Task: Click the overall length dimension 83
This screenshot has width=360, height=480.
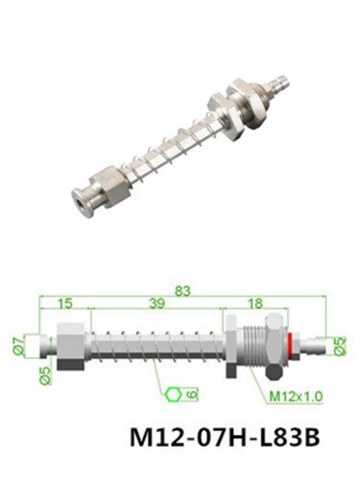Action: click(x=182, y=291)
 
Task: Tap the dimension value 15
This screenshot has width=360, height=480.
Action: click(x=65, y=303)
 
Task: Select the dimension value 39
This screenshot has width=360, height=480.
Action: click(x=156, y=303)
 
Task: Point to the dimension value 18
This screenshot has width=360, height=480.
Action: click(x=255, y=303)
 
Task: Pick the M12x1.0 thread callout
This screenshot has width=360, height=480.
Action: click(x=296, y=396)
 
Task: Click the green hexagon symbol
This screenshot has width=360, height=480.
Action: click(x=174, y=395)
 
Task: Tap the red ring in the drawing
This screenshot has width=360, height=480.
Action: click(x=290, y=345)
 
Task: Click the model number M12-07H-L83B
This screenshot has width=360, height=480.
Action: click(x=225, y=437)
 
